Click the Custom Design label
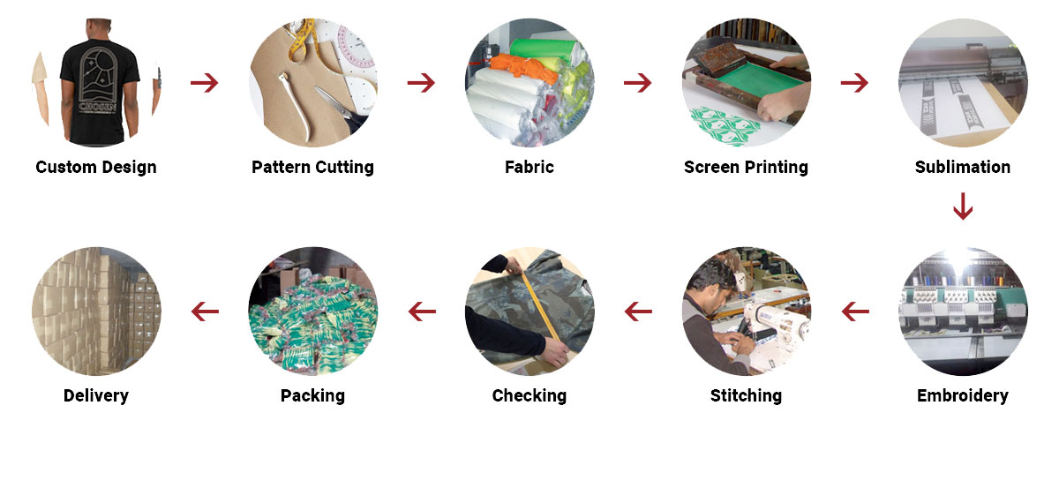[x=96, y=168]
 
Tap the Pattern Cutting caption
[x=312, y=168]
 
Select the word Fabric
[x=529, y=167]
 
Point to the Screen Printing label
[x=746, y=168]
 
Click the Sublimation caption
[x=963, y=167]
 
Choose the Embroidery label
[x=963, y=396]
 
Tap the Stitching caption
[x=746, y=396]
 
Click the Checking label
[x=529, y=396]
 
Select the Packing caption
[x=312, y=396]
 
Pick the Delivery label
[x=96, y=396]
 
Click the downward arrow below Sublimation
[x=963, y=206]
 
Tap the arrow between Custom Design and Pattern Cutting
[x=204, y=83]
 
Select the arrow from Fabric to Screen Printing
[x=638, y=83]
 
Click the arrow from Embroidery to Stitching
[x=855, y=312]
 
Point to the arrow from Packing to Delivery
[x=205, y=312]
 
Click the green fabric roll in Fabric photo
[x=544, y=49]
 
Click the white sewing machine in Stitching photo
[x=776, y=327]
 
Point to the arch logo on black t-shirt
[x=98, y=76]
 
